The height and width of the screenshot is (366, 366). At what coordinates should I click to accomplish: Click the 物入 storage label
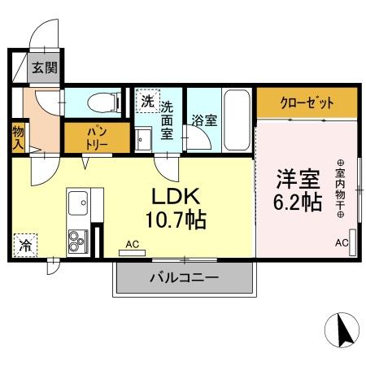pyautogui.click(x=18, y=136)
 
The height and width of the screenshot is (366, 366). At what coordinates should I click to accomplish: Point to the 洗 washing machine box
pyautogui.click(x=147, y=102)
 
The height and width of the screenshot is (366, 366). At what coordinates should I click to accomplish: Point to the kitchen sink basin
pyautogui.click(x=80, y=201)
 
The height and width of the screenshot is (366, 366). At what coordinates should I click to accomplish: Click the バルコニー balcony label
pyautogui.click(x=184, y=278)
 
